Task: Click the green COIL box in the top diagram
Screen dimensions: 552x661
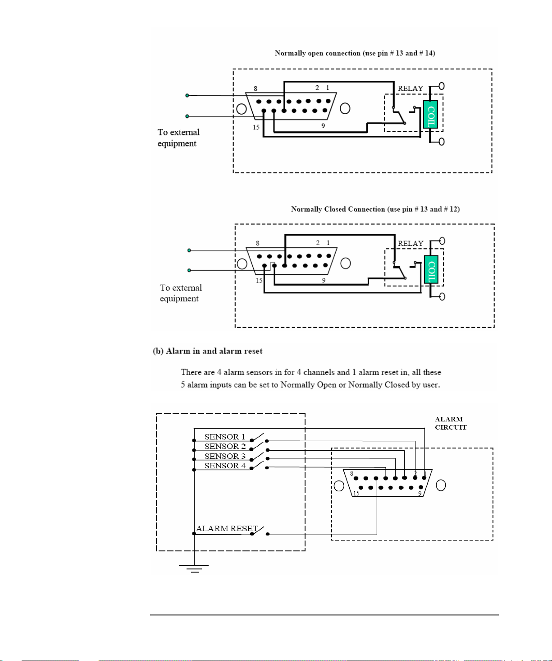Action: coord(430,114)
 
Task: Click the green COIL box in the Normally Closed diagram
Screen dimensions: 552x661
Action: coord(431,269)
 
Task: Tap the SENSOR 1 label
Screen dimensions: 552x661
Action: coord(225,437)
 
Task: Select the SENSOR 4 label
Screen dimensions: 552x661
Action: coord(225,466)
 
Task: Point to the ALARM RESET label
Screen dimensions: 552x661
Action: coord(227,528)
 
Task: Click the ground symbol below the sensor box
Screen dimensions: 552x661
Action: coord(194,569)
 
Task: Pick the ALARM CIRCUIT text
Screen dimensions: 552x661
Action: coord(451,423)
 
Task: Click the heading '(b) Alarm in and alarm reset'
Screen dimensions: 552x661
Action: coord(207,351)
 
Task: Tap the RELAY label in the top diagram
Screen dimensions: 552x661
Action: coord(411,88)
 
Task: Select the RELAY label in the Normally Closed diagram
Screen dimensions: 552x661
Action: coord(411,244)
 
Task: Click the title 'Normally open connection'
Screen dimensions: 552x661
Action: coord(317,53)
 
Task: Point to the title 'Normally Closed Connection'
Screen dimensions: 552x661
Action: coord(338,209)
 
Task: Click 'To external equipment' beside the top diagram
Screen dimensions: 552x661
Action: coord(178,138)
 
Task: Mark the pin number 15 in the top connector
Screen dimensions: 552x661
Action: coord(256,127)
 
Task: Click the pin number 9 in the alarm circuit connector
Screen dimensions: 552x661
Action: coord(420,494)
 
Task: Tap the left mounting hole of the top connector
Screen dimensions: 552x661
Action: coord(242,109)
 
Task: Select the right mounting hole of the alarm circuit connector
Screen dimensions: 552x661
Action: coord(441,485)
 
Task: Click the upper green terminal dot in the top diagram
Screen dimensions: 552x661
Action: coord(187,95)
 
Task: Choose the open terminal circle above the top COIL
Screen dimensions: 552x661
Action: coord(442,86)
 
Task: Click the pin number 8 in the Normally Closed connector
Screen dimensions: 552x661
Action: coord(258,243)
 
